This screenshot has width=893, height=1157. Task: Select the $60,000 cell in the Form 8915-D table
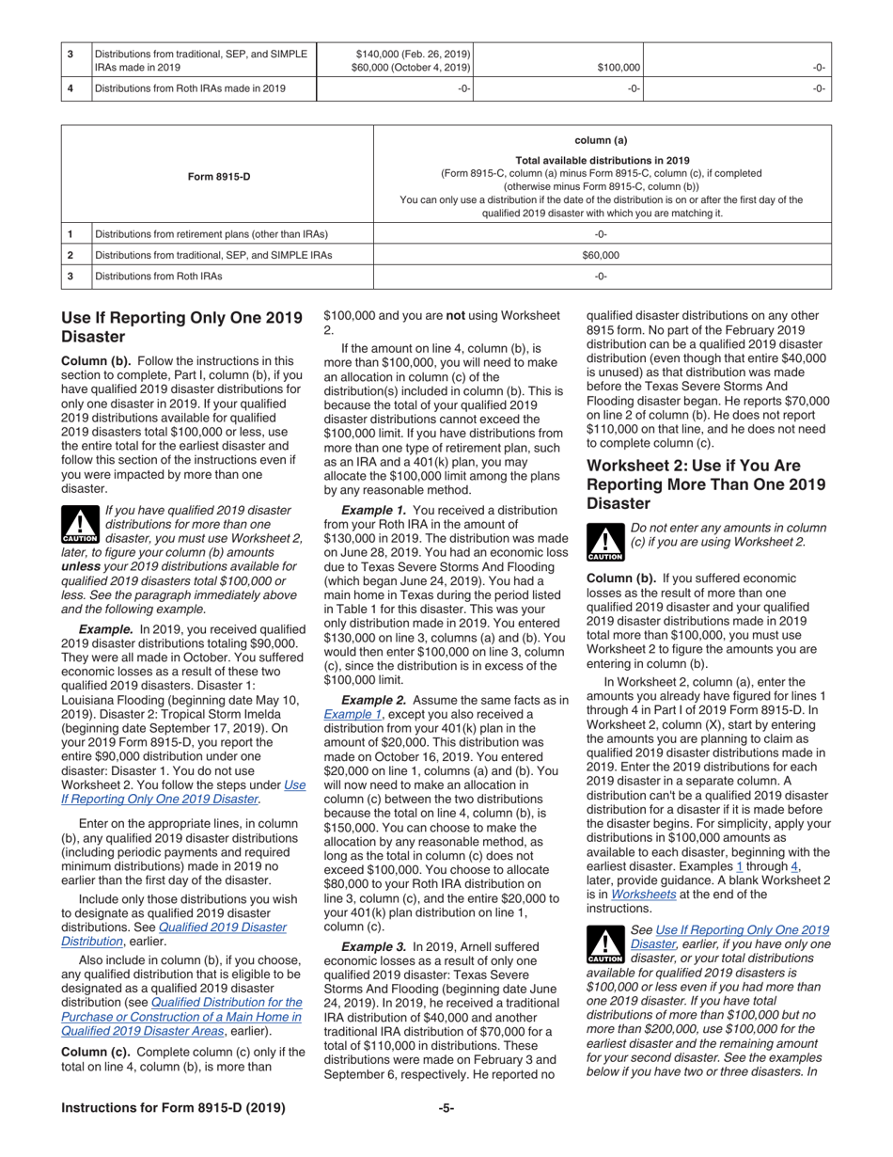601,255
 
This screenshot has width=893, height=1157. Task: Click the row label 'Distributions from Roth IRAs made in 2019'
190,88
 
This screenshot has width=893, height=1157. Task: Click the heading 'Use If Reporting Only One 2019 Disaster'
181,326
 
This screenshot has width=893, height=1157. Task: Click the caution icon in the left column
79,525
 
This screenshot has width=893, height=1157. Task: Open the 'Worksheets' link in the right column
644,894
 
